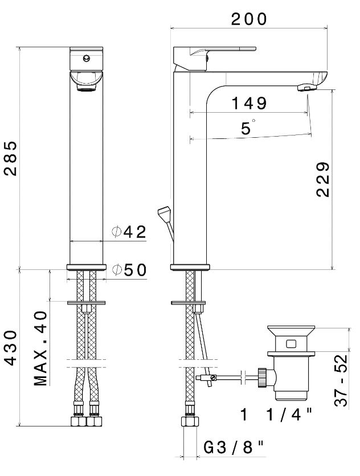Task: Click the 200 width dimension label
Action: pos(249,19)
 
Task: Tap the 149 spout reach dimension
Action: pos(249,104)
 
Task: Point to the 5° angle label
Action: pos(247,128)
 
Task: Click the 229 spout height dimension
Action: pos(322,179)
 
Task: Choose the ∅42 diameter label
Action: pos(129,232)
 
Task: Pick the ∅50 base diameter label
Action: pos(129,270)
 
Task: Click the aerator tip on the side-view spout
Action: pos(306,88)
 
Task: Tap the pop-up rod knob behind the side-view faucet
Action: pos(165,213)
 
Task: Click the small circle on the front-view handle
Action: pos(87,58)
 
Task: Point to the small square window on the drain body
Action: pos(291,344)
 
